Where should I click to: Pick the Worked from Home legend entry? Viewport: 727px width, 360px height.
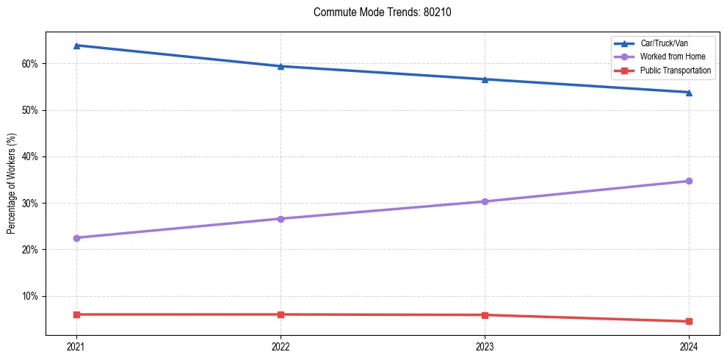pyautogui.click(x=672, y=57)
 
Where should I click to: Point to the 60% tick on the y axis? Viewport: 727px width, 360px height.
pyautogui.click(x=31, y=64)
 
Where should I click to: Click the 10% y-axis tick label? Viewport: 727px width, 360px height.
pyautogui.click(x=31, y=296)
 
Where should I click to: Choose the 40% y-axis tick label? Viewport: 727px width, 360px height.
pyautogui.click(x=31, y=156)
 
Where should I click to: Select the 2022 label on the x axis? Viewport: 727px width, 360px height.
pyautogui.click(x=281, y=345)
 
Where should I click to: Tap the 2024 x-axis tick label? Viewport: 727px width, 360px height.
pyautogui.click(x=689, y=345)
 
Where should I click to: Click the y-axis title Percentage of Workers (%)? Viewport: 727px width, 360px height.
pyautogui.click(x=12, y=184)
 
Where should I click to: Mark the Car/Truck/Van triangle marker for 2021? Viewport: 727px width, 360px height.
pyautogui.click(x=76, y=46)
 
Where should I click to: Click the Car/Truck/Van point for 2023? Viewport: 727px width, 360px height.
pyautogui.click(x=485, y=79)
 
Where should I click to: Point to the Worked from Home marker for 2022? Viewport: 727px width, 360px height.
pyautogui.click(x=281, y=219)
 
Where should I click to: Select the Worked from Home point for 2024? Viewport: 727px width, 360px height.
pyautogui.click(x=689, y=181)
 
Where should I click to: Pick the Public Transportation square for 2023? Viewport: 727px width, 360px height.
pyautogui.click(x=485, y=315)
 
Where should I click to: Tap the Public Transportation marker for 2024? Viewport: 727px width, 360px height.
pyautogui.click(x=689, y=321)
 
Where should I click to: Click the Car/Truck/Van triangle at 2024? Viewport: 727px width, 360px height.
pyautogui.click(x=689, y=92)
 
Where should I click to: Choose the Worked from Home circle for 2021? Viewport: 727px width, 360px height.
pyautogui.click(x=76, y=238)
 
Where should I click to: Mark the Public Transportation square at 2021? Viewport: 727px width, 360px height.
pyautogui.click(x=76, y=314)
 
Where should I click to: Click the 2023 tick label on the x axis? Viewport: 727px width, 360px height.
pyautogui.click(x=485, y=345)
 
